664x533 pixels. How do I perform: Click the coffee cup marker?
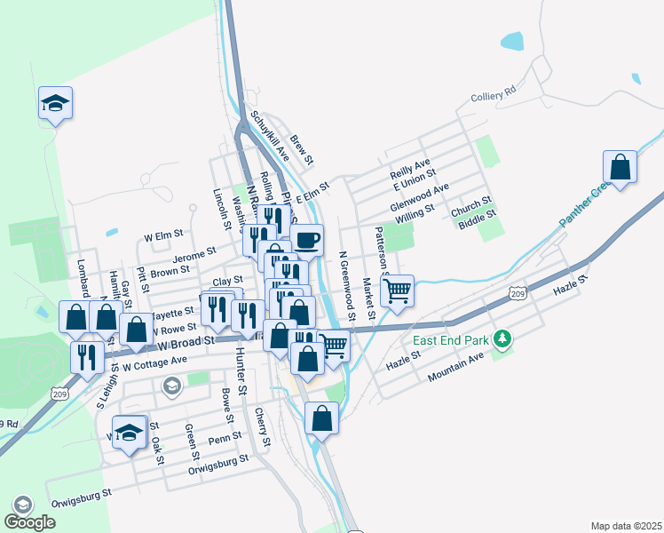coord(307,240)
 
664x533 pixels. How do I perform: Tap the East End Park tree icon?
coord(502,338)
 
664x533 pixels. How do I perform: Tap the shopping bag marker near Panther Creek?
coord(620,167)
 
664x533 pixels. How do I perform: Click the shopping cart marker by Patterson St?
coord(397,289)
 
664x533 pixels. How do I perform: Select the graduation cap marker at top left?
coord(55,103)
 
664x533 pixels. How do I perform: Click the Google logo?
coord(29,522)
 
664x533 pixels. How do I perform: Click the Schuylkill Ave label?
coord(269,136)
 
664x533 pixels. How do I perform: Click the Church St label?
coord(470,206)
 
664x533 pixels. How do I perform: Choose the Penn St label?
coord(225,438)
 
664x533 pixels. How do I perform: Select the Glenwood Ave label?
coord(419,195)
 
